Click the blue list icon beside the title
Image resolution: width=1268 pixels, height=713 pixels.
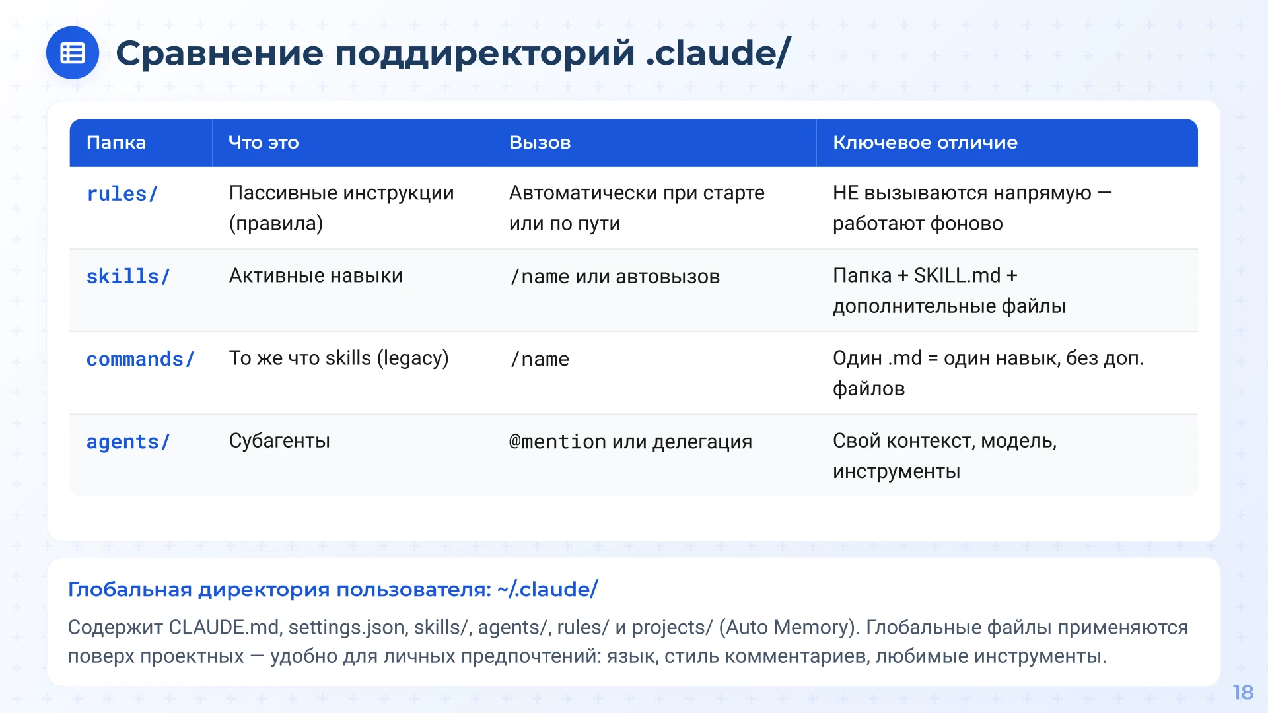73,53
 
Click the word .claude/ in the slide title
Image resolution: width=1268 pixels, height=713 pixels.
718,53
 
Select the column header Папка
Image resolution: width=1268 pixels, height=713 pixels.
116,143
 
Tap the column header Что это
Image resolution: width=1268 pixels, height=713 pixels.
264,143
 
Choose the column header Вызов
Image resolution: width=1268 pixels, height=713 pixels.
540,143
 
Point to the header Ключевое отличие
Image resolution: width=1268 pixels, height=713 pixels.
925,143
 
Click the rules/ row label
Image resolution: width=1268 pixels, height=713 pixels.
122,194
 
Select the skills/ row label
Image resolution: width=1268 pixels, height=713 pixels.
128,277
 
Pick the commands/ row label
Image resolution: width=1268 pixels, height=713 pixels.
140,359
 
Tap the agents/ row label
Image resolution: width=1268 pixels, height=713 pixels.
128,442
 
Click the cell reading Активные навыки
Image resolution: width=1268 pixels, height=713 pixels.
316,276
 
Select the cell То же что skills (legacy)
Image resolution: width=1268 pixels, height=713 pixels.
339,358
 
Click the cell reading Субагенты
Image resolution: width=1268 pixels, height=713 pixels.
279,441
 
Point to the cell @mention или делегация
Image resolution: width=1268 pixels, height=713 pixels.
630,442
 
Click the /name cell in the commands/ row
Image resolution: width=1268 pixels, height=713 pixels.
540,359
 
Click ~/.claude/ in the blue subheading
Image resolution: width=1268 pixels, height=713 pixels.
547,589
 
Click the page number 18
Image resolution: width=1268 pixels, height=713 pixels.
1242,693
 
